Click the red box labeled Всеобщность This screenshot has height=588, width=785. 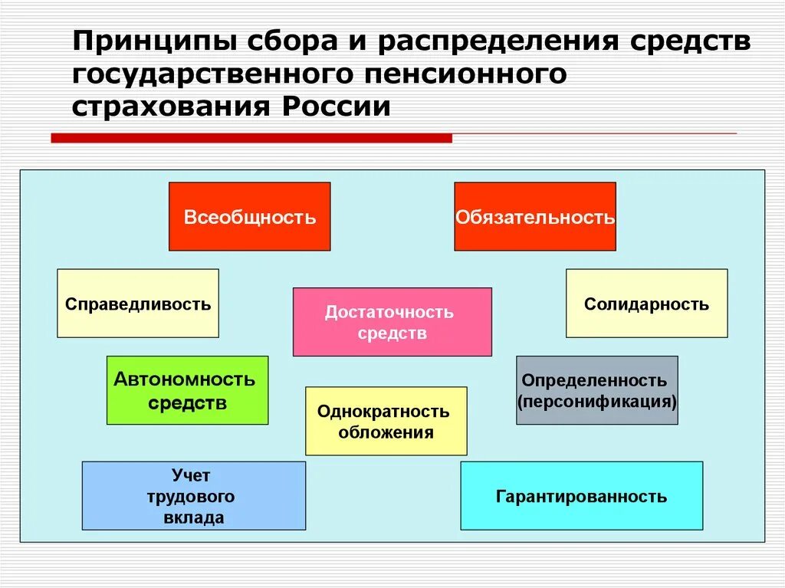(249, 216)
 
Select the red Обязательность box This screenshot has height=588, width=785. (535, 216)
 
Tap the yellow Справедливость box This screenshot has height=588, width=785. (138, 303)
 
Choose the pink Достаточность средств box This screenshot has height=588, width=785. (392, 322)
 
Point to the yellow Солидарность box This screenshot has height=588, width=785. (646, 303)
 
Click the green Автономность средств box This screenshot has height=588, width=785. (187, 389)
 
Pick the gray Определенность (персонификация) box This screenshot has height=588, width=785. (596, 389)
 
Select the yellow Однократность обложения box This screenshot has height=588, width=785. (386, 421)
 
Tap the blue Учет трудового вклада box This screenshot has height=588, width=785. (193, 495)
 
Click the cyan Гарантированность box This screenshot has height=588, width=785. (581, 495)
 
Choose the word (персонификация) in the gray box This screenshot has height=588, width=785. (596, 400)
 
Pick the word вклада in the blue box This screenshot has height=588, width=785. (193, 517)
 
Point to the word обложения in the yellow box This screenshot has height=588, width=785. (386, 432)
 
